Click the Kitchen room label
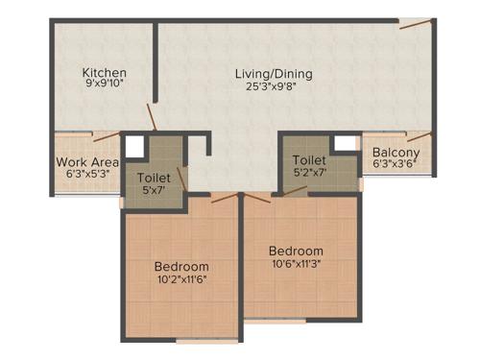[105, 73]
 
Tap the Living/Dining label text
[275, 73]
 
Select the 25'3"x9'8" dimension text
[275, 85]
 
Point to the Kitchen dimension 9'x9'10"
[105, 85]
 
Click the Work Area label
[87, 162]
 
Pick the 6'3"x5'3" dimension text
[87, 175]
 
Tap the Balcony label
[396, 152]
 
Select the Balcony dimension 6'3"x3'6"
[396, 164]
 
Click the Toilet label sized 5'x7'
[155, 179]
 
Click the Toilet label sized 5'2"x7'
[309, 160]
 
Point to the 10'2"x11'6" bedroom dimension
[181, 279]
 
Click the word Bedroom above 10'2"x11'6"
[181, 266]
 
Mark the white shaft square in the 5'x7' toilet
[133, 148]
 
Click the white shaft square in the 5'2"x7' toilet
[344, 143]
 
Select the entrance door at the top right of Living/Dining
[416, 24]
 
